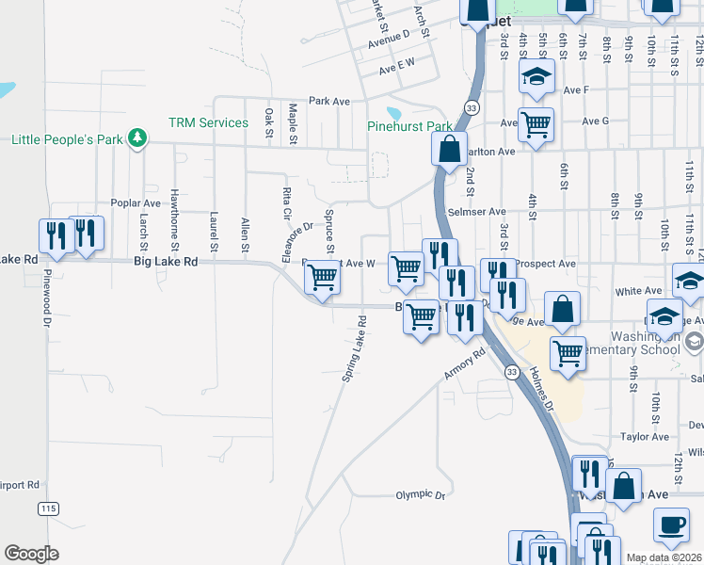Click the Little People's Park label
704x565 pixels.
tap(68, 140)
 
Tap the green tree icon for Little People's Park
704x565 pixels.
tap(138, 138)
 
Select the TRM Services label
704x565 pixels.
tap(208, 122)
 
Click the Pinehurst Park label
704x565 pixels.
tap(409, 126)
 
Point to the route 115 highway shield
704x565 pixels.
tap(46, 508)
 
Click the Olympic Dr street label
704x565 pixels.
tap(419, 493)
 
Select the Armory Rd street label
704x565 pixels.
tap(465, 365)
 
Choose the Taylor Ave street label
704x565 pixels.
tap(645, 437)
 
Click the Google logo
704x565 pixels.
tap(31, 553)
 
